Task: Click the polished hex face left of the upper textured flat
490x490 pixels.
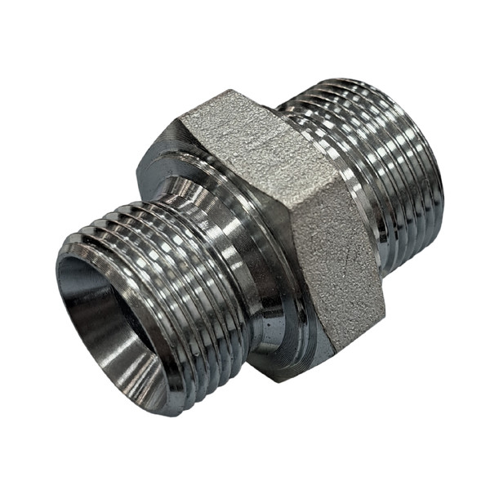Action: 163,147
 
